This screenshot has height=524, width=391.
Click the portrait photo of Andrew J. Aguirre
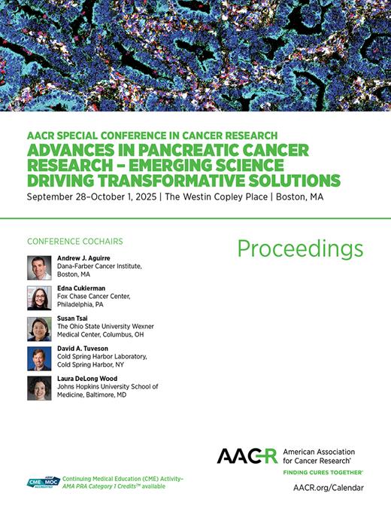(x=39, y=268)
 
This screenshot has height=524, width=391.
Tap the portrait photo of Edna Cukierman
(x=39, y=298)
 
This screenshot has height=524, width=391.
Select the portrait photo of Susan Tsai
(x=39, y=328)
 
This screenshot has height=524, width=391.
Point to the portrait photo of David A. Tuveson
(x=39, y=358)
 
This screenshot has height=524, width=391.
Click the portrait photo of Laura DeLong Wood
(x=39, y=388)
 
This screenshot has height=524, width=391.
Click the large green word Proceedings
(x=300, y=249)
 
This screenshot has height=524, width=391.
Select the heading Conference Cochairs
(x=74, y=242)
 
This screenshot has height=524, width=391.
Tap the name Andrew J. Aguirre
(x=83, y=259)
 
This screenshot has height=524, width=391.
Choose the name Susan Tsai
(x=72, y=319)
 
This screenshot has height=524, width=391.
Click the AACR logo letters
(x=247, y=455)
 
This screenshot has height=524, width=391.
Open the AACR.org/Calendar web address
(x=328, y=488)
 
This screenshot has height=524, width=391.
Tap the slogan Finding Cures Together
(x=323, y=471)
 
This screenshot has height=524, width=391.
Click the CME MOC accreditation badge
(x=43, y=483)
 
